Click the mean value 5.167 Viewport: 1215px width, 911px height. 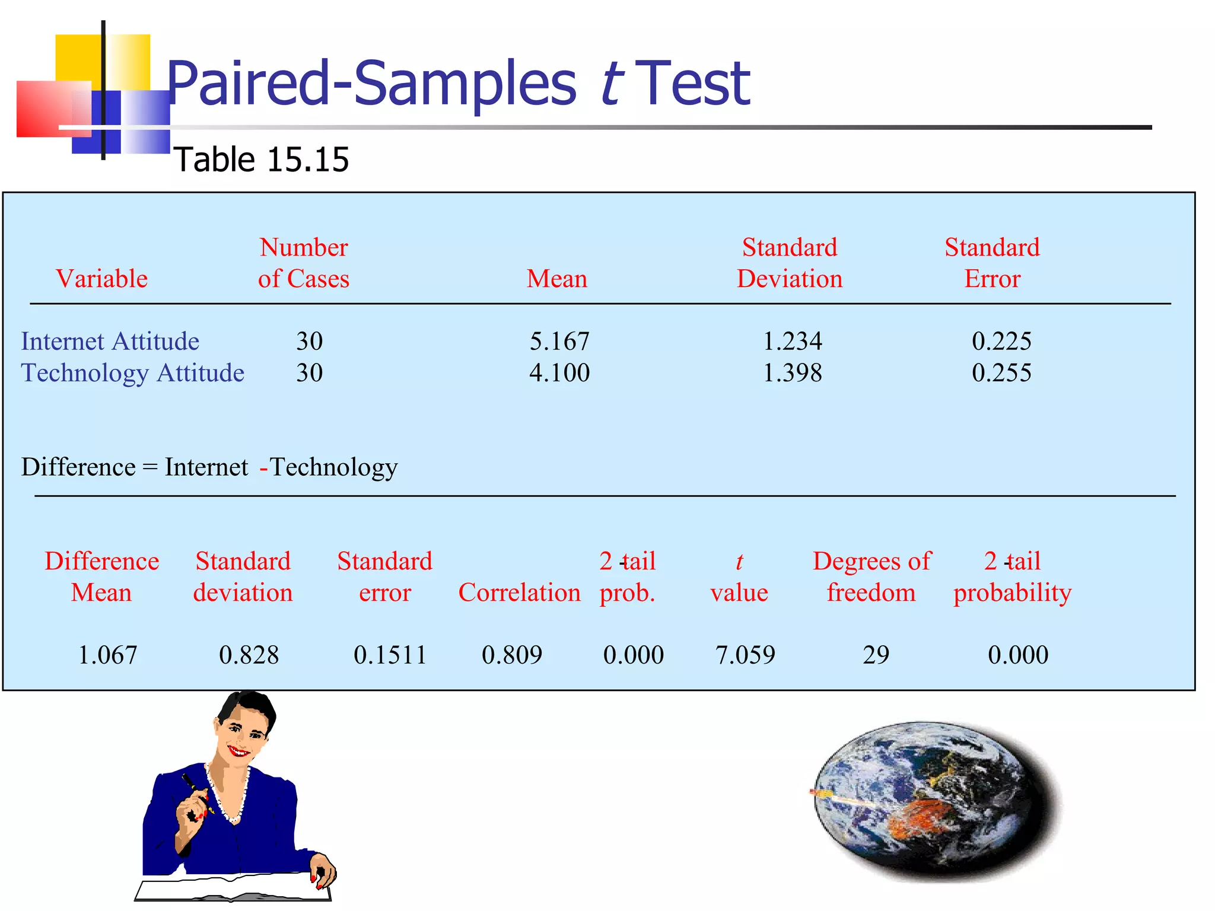point(559,342)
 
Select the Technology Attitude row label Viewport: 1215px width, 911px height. point(132,373)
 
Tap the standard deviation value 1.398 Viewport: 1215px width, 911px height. point(792,373)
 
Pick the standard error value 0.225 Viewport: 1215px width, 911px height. point(1001,342)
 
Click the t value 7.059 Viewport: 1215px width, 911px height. point(745,655)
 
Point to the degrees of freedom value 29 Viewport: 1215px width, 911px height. point(876,655)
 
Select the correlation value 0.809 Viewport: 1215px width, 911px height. point(512,655)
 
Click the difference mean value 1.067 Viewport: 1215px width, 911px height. point(107,655)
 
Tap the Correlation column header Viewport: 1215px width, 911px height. point(519,593)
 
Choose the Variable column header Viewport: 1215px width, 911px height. point(101,279)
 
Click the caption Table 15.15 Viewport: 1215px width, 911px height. point(262,160)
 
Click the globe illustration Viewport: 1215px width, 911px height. point(931,801)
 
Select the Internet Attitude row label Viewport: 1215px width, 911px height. point(110,342)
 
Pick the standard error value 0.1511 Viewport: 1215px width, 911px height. point(390,655)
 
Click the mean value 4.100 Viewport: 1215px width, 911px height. point(559,373)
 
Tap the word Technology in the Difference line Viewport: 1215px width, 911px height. point(334,467)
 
